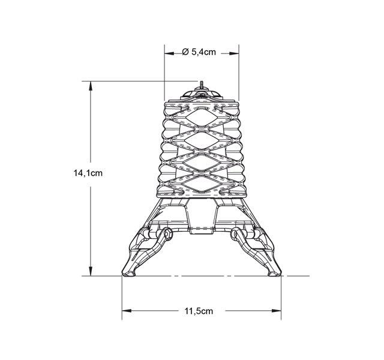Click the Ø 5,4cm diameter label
(x=199, y=52)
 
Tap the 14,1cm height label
(x=88, y=173)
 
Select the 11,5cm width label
(x=199, y=311)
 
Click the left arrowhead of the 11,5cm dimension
(x=127, y=311)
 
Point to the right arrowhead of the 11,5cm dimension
(x=277, y=311)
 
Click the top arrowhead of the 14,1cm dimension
(x=91, y=85)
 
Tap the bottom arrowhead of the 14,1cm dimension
(x=91, y=271)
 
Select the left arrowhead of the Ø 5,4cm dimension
(x=169, y=53)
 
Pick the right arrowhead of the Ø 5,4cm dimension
(x=234, y=53)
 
